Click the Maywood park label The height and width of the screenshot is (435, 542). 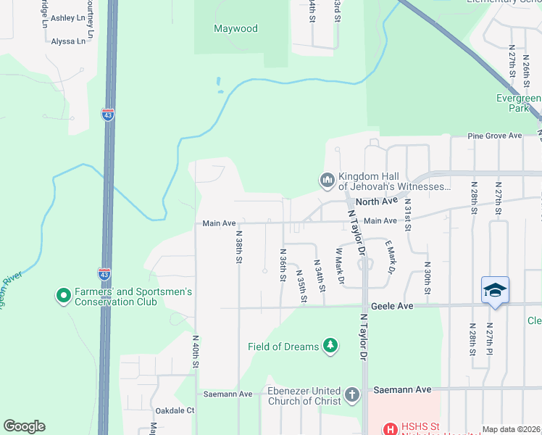point(235,29)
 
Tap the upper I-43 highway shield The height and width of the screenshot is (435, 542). point(108,115)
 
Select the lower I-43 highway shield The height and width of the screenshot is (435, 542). point(104,274)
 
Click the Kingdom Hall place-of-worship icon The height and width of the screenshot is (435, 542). point(328,179)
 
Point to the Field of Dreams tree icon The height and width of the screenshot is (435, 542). point(330,346)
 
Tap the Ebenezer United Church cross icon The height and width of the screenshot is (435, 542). point(352,395)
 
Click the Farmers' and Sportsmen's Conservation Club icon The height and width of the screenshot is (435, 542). point(63,297)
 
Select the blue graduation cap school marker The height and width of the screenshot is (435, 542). point(496,290)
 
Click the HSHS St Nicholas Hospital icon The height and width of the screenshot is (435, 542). point(390,429)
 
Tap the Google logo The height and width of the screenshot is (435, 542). point(24,426)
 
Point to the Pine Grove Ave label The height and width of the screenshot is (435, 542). point(495,136)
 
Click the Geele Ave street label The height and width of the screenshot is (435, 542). point(393,307)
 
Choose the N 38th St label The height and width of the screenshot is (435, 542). point(238,246)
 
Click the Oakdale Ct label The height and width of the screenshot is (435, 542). point(181,410)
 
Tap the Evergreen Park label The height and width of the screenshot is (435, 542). point(518,103)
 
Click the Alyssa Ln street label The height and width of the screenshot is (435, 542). point(68,41)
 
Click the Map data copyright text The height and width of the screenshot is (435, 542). point(511,429)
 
